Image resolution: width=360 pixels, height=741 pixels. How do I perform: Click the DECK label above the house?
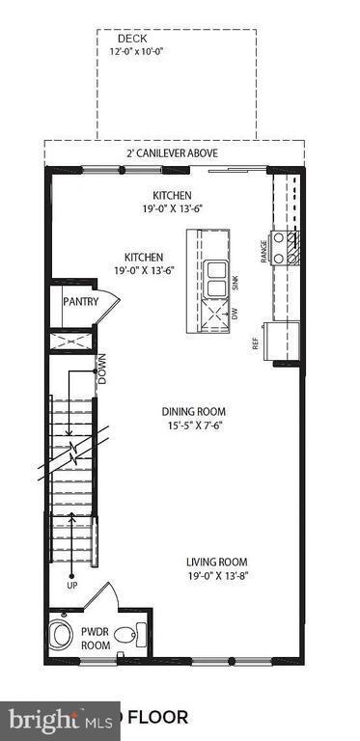[177, 38]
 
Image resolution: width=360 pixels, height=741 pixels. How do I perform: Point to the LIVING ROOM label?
[217, 563]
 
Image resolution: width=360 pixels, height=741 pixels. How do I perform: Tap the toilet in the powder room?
[61, 638]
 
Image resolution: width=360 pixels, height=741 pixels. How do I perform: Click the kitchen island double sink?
[215, 278]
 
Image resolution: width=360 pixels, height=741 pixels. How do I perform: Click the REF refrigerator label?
[257, 343]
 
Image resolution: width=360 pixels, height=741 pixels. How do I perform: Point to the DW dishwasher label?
[235, 313]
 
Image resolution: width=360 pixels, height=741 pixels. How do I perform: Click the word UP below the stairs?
[71, 586]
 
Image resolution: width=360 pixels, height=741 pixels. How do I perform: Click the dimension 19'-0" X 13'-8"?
[217, 578]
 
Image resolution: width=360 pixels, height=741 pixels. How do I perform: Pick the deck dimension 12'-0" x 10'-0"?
[177, 51]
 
